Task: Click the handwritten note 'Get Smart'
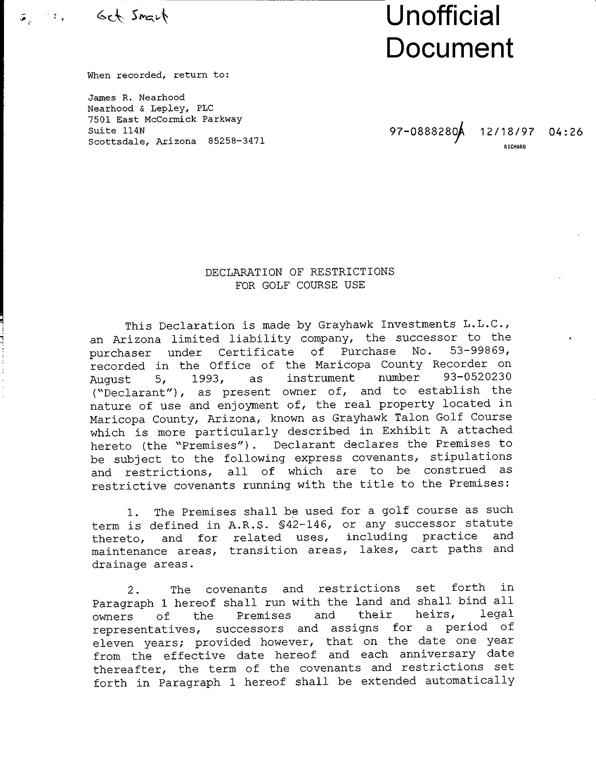point(132,16)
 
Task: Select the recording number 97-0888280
point(423,132)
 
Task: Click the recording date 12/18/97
point(507,132)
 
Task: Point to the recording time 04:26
point(565,132)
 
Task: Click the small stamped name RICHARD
point(515,147)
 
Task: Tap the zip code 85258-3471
point(236,141)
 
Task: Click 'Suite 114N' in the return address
point(116,130)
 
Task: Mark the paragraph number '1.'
point(133,512)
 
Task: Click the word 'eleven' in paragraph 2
point(113,643)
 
